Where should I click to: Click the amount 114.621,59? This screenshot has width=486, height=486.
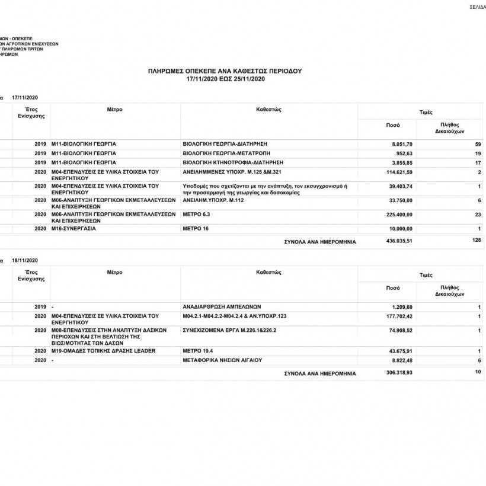(x=398, y=172)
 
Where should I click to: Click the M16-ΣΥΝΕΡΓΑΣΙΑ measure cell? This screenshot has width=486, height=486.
(x=73, y=228)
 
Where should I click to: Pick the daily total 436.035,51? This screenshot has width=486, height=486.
(x=398, y=241)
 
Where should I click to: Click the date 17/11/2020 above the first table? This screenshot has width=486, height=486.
(x=24, y=97)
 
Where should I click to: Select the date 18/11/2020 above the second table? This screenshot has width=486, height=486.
(x=24, y=261)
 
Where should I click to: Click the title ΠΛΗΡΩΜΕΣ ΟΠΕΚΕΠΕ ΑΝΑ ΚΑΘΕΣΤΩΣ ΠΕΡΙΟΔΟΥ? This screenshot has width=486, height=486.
(x=225, y=71)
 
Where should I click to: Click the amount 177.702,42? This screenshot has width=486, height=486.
(x=398, y=316)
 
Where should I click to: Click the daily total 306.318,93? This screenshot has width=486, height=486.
(x=398, y=373)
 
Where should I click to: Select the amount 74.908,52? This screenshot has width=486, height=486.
(x=399, y=330)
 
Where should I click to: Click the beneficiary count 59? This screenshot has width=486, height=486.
(x=478, y=145)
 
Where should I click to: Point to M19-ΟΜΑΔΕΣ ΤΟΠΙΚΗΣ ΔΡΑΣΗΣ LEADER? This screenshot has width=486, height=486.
(x=103, y=351)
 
